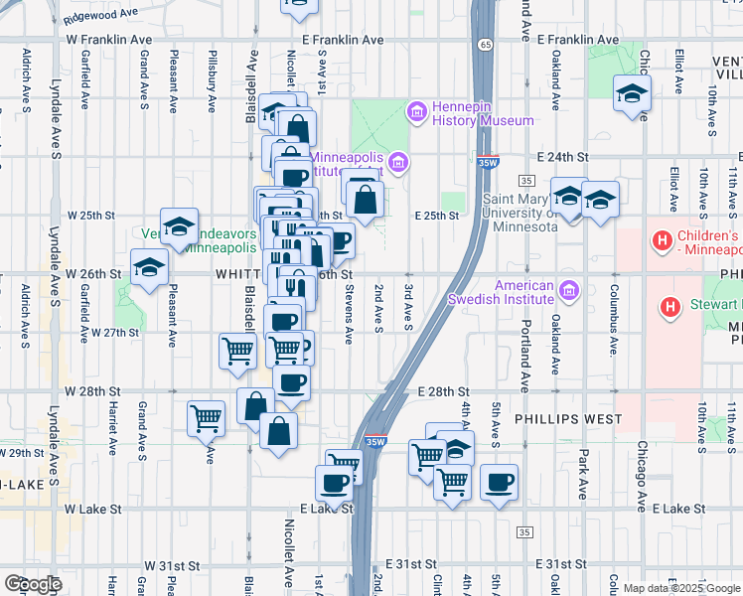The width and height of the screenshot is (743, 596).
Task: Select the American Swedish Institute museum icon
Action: point(567,290)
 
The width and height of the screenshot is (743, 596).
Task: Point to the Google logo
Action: point(33,584)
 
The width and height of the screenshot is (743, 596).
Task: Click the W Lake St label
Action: point(92,509)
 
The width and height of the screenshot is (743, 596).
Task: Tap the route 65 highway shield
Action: point(484,44)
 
